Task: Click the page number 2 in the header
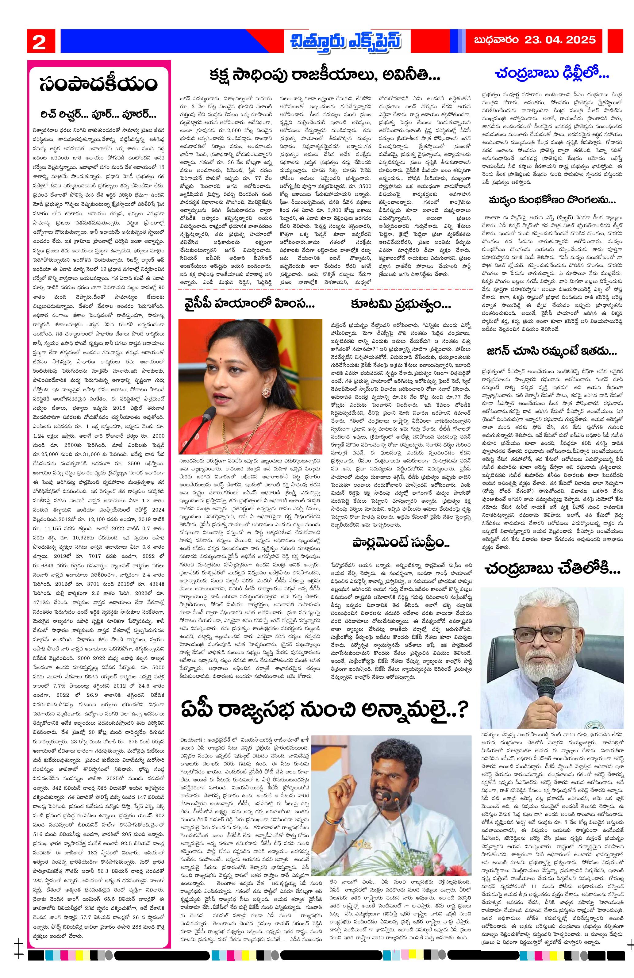point(39,41)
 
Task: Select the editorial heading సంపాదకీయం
point(99,84)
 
